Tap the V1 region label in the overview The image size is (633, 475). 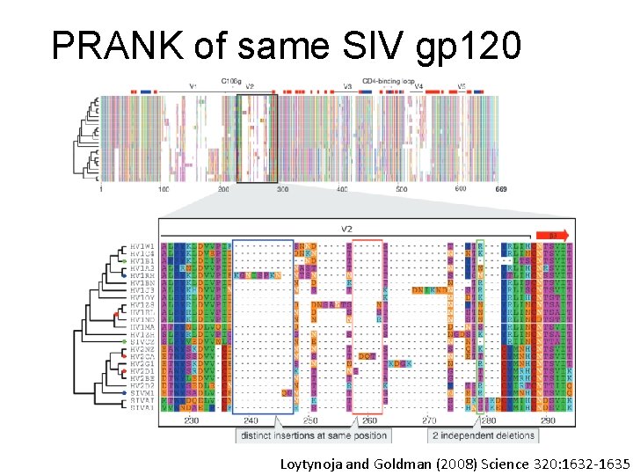(x=193, y=86)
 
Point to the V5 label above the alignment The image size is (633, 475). (x=462, y=86)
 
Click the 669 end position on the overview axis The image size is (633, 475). (x=502, y=189)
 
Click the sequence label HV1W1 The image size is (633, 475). (x=142, y=245)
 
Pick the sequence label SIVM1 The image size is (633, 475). (x=142, y=393)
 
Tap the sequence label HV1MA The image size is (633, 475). (x=142, y=327)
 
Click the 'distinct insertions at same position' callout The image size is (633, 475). (x=314, y=435)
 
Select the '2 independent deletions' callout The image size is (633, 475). (x=483, y=435)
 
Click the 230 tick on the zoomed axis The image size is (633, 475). (x=191, y=421)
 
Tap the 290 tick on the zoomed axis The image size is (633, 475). (x=548, y=421)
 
